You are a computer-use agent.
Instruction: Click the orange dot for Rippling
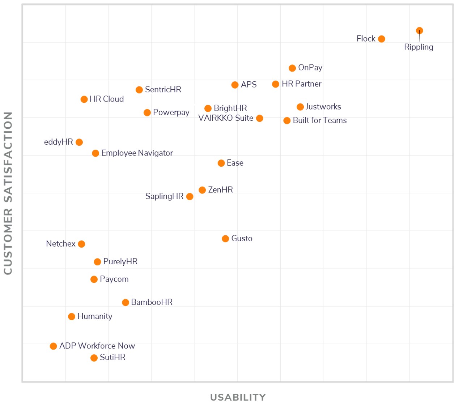click(419, 31)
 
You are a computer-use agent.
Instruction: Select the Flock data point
click(381, 39)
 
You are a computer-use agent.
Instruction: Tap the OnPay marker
click(292, 68)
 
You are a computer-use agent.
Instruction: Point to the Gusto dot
click(225, 239)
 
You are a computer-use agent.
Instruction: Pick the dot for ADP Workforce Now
click(54, 346)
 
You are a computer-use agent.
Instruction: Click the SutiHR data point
click(94, 358)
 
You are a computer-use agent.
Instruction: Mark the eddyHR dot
click(79, 142)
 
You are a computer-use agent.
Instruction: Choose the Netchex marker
click(81, 244)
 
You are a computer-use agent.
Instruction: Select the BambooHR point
click(126, 302)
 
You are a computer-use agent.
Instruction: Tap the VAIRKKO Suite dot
click(259, 118)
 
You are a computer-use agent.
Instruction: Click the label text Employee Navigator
click(137, 153)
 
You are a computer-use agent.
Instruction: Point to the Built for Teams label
click(320, 120)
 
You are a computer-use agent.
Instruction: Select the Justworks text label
click(323, 107)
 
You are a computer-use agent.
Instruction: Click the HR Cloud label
click(107, 99)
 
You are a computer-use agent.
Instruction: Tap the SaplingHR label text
click(164, 196)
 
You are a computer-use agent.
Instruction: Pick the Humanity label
click(95, 316)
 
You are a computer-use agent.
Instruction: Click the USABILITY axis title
click(238, 397)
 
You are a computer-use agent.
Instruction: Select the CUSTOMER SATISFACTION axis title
click(8, 193)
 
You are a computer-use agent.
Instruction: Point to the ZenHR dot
click(202, 190)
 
